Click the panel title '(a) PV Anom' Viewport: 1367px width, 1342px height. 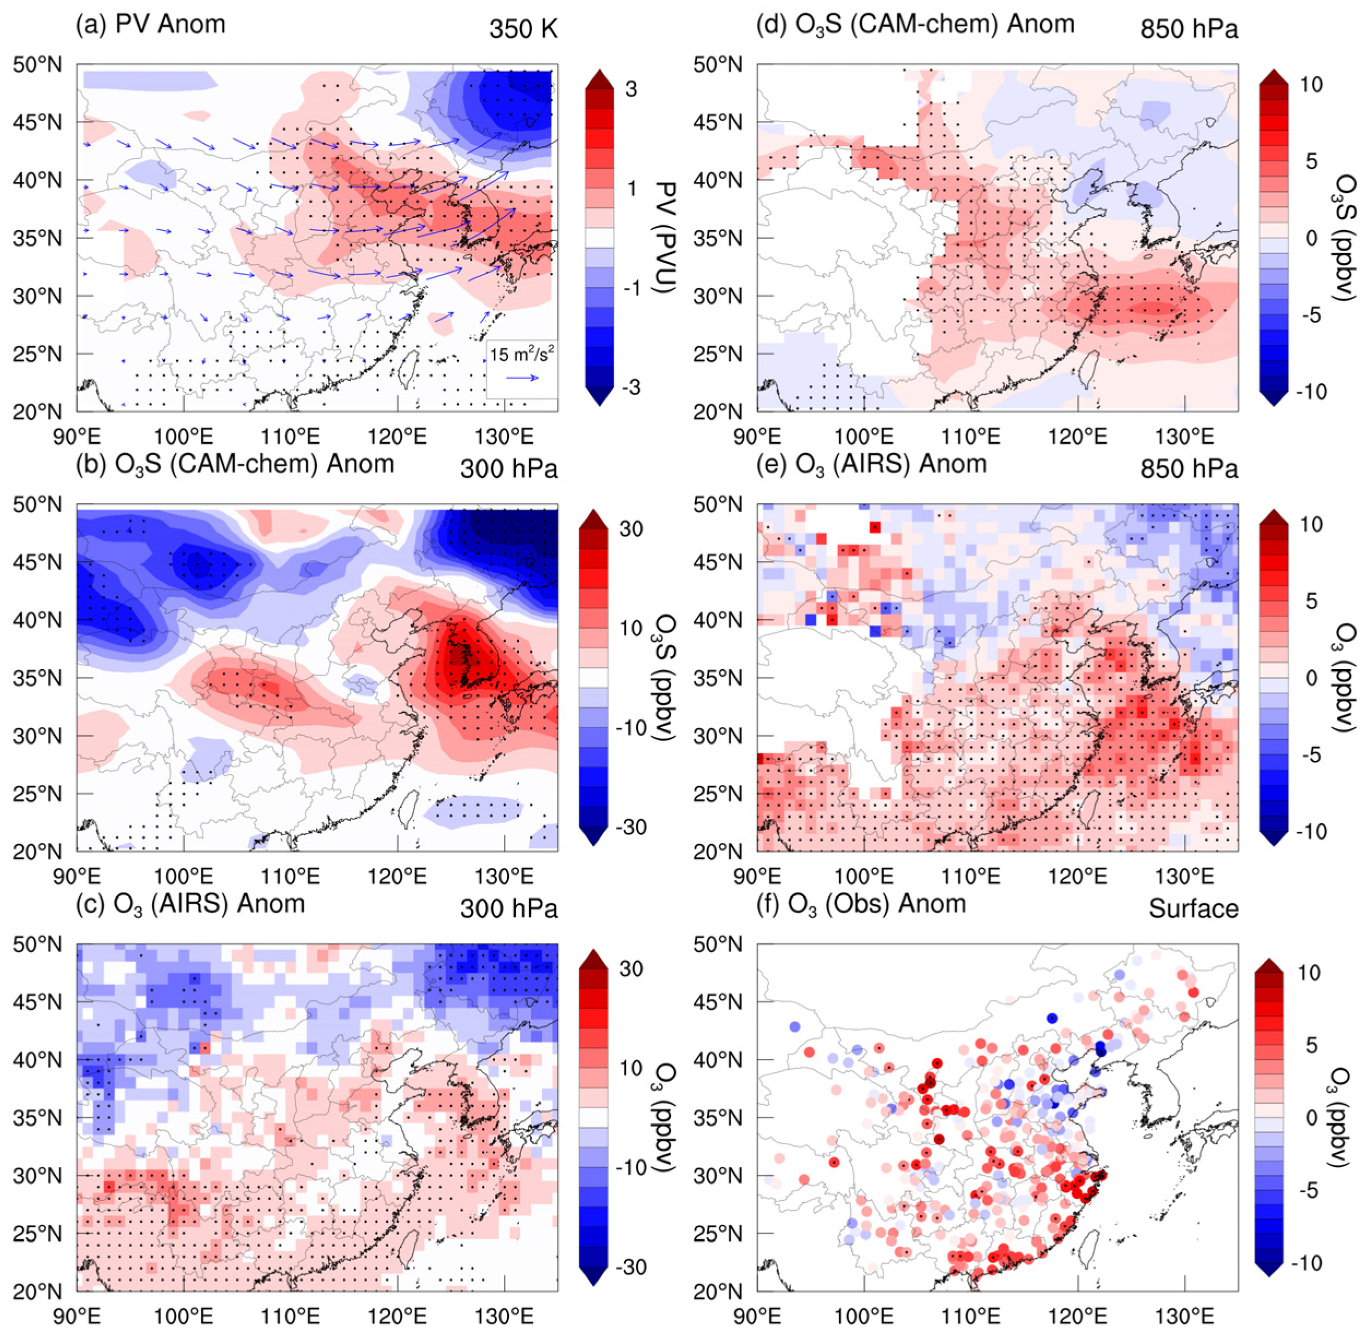click(150, 24)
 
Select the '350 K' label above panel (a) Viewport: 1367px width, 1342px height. click(523, 30)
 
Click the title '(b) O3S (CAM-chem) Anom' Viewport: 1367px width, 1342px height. click(234, 465)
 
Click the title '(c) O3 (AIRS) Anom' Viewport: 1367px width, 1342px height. click(190, 904)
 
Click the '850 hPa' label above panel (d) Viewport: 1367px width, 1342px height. click(1189, 30)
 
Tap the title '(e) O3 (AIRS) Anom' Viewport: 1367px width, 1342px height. click(871, 465)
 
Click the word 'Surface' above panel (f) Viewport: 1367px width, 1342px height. click(1194, 909)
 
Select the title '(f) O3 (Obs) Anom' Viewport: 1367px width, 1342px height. click(861, 904)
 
